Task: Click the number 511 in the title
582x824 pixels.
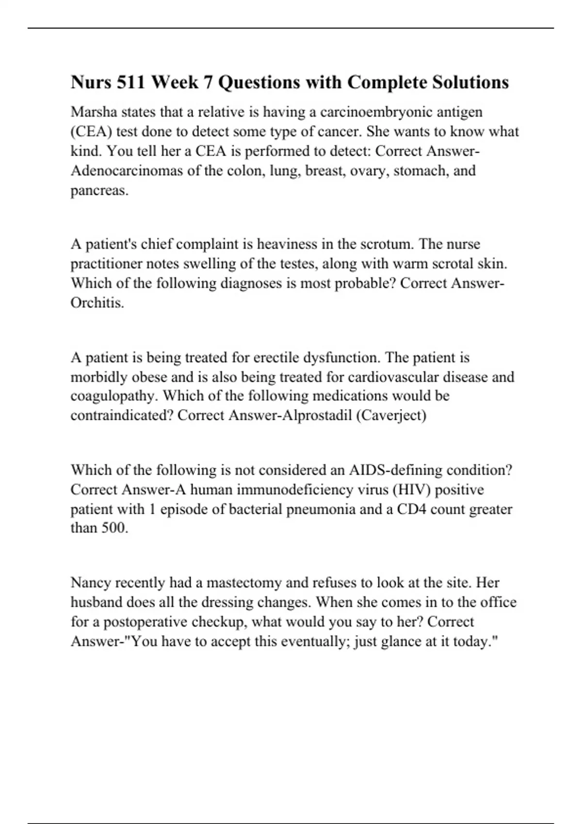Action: (131, 82)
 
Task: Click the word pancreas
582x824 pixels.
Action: (99, 190)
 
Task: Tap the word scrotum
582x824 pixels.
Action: (387, 244)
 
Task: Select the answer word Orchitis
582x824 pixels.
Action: (97, 303)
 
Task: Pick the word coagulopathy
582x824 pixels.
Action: (114, 396)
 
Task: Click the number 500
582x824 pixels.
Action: (114, 528)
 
